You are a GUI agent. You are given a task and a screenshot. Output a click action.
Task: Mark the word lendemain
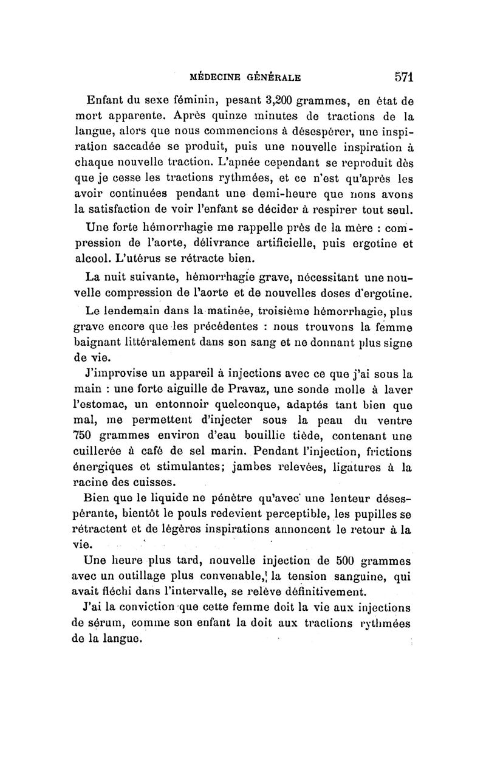point(135,312)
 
